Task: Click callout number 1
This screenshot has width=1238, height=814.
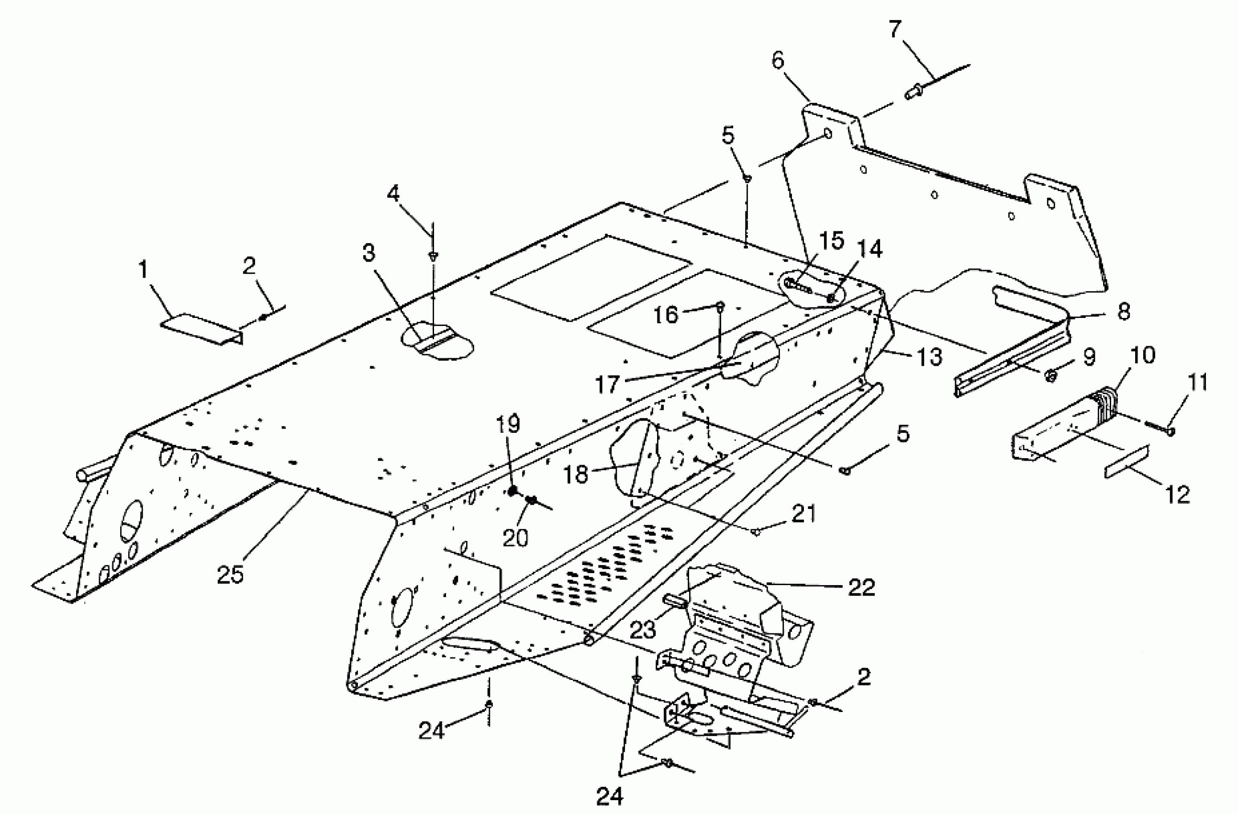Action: pos(143,271)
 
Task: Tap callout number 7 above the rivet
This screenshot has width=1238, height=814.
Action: pos(894,30)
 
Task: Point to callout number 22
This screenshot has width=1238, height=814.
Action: pos(861,588)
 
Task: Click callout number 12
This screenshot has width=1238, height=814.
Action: pos(1178,494)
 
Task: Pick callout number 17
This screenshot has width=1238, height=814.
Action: pos(607,384)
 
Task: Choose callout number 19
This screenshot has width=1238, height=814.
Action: pos(508,425)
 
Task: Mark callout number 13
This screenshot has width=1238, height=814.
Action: pos(929,357)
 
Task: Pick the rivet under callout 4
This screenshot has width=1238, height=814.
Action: pos(433,256)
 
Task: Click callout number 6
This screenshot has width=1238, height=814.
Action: pos(777,61)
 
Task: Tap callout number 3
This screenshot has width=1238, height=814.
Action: pos(368,253)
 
